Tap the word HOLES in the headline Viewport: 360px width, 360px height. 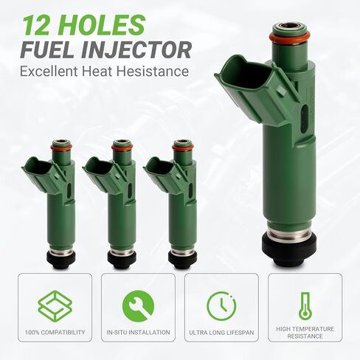coord(104,24)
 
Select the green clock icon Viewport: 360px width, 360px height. coord(221,305)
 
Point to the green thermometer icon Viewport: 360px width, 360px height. coord(305,305)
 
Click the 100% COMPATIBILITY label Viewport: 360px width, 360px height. coord(55,333)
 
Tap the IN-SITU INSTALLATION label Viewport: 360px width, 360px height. coord(138,333)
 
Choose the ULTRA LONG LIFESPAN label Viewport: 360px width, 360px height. coord(221,333)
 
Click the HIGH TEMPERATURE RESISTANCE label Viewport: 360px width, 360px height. coord(305,333)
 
